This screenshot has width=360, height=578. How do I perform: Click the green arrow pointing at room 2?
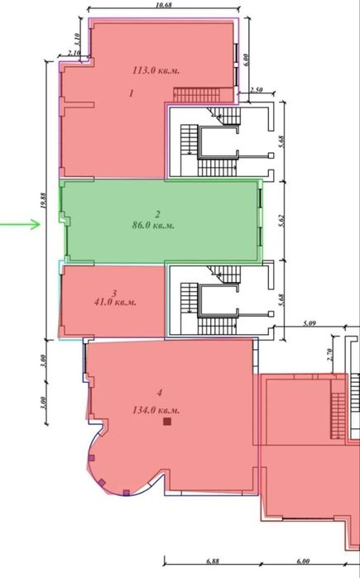click(20, 224)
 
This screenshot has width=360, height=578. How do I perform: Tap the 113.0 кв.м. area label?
click(156, 70)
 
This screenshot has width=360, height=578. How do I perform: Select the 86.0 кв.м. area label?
click(153, 225)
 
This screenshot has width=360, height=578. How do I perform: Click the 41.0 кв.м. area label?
click(116, 303)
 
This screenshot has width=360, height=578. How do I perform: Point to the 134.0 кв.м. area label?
click(156, 410)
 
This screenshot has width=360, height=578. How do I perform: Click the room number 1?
click(131, 93)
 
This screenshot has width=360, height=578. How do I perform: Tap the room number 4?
click(160, 393)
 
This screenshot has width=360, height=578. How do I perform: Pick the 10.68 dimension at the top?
click(164, 5)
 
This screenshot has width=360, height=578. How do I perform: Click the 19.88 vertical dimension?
click(44, 201)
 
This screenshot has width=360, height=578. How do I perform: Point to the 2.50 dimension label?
click(256, 89)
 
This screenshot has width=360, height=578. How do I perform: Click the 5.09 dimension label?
click(309, 324)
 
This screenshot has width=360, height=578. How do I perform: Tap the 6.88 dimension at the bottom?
click(213, 561)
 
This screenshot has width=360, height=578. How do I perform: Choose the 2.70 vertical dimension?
click(330, 354)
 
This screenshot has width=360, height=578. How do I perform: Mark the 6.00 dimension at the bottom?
click(303, 561)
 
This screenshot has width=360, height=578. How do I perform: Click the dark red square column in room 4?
click(167, 422)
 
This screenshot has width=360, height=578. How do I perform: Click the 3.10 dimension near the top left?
click(77, 39)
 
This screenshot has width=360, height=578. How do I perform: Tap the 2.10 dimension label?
click(74, 53)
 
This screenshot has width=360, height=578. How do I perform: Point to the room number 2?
click(157, 214)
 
